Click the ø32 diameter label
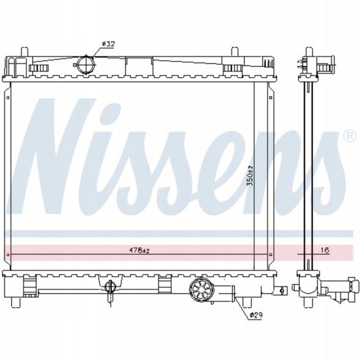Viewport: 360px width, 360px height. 108,44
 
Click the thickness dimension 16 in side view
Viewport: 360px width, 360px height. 325,251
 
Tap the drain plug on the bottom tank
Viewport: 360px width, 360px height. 110,288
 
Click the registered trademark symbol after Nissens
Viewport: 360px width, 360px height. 350,134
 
